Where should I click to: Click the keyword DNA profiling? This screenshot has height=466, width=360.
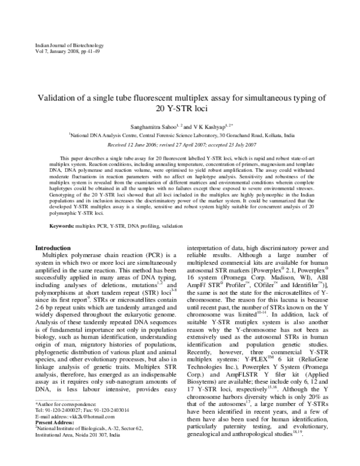[157, 225]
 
